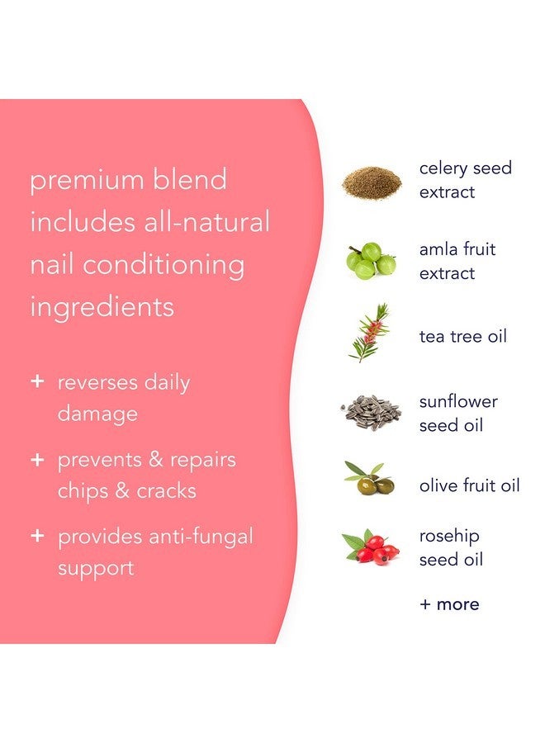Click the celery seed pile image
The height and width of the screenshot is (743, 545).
372,181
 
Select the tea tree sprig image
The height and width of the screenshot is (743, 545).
369,334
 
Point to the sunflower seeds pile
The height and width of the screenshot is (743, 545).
372,412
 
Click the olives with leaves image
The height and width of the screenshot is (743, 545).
369,479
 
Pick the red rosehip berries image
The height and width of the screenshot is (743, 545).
371,547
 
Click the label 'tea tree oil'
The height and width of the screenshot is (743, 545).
462,336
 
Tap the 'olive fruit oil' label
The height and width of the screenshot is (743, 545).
469,485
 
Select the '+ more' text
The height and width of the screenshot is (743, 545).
448,603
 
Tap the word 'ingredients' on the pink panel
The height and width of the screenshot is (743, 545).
102,307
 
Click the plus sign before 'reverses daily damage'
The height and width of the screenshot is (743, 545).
36,382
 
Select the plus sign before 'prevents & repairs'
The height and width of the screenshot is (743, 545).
36,459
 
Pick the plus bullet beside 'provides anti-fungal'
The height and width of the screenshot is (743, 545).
36,536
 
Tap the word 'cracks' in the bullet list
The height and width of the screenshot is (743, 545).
167,491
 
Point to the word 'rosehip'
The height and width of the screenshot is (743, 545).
449,536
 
